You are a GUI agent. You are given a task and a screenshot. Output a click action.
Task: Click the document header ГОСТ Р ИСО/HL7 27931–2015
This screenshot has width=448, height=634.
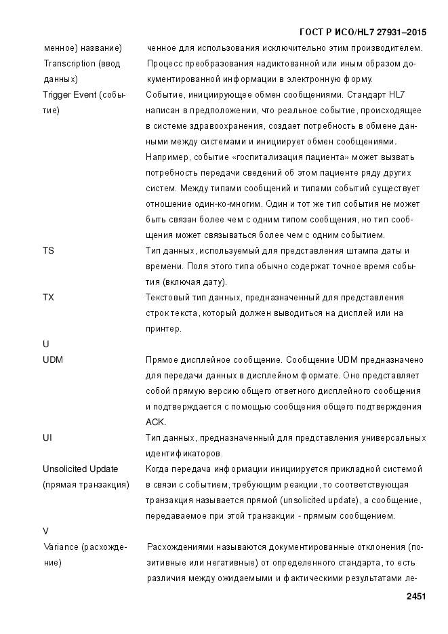click(363, 33)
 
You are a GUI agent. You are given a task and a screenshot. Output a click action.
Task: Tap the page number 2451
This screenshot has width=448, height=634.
click(415, 597)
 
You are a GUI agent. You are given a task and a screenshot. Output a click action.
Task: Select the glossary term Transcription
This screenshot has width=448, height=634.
click(69, 63)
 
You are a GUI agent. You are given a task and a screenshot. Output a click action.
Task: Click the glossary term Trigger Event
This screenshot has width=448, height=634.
click(70, 94)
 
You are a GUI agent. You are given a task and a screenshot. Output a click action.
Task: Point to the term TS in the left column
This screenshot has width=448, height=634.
click(48, 251)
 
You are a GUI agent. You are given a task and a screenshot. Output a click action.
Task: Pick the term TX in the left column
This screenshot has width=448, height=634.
click(48, 298)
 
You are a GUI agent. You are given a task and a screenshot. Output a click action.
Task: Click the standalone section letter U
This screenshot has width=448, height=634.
click(46, 344)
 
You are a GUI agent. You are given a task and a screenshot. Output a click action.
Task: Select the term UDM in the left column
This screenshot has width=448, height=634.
click(53, 360)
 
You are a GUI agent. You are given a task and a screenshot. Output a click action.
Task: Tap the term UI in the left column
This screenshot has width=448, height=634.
click(47, 438)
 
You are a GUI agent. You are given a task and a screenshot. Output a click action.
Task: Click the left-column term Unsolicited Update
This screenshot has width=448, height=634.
click(80, 469)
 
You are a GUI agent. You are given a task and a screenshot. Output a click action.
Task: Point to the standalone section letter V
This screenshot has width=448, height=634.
click(46, 531)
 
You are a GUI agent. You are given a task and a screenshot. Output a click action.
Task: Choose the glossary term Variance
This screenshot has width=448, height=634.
click(62, 547)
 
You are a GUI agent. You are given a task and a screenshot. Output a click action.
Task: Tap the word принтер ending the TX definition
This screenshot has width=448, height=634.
click(163, 329)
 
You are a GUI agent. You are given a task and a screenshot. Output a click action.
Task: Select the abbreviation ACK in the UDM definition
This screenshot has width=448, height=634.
click(156, 422)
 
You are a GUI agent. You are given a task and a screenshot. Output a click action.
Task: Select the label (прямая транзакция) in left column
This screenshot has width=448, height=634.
click(86, 485)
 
